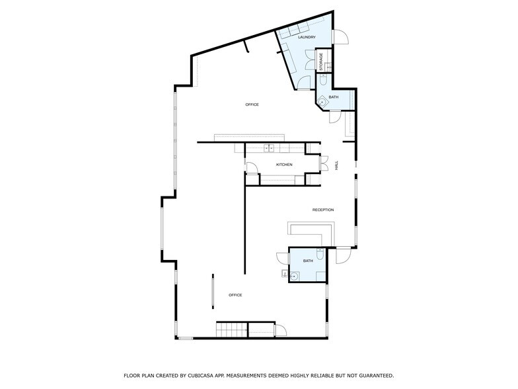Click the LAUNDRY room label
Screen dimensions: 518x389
tap(307, 37)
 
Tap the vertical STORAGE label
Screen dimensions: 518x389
tap(321, 62)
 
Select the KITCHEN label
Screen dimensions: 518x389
tap(284, 164)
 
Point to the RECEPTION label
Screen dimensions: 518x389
tap(323, 210)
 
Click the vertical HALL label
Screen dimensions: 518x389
tap(337, 165)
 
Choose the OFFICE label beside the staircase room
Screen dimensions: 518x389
tap(235, 295)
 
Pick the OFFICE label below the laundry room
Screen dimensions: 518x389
tap(252, 105)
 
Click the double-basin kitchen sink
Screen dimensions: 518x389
tap(269, 148)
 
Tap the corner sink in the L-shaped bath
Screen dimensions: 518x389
tap(322, 102)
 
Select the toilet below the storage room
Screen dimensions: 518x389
tap(323, 79)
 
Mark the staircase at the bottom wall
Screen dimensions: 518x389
tap(232, 329)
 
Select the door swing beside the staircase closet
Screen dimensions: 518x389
tap(281, 331)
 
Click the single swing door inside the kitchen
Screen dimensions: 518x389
tap(252, 168)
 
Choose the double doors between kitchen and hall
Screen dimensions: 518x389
tap(324, 163)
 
